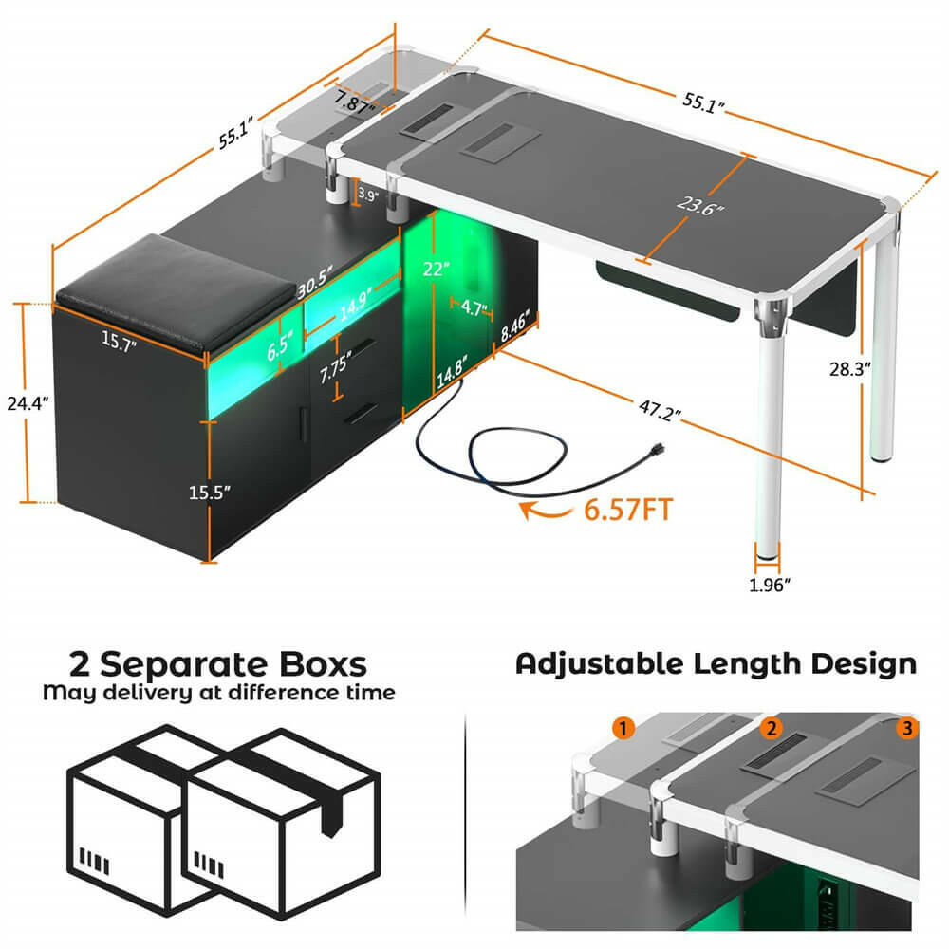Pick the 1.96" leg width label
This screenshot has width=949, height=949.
(x=769, y=586)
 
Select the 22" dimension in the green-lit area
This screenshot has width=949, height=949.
(x=434, y=269)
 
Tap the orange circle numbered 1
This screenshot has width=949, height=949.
(x=623, y=729)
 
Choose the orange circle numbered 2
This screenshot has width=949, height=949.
(x=771, y=729)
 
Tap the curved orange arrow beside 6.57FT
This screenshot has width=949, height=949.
(x=540, y=513)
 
